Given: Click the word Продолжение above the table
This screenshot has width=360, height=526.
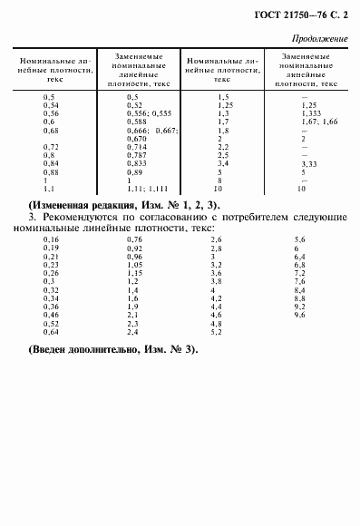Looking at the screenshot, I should click(x=322, y=39).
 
